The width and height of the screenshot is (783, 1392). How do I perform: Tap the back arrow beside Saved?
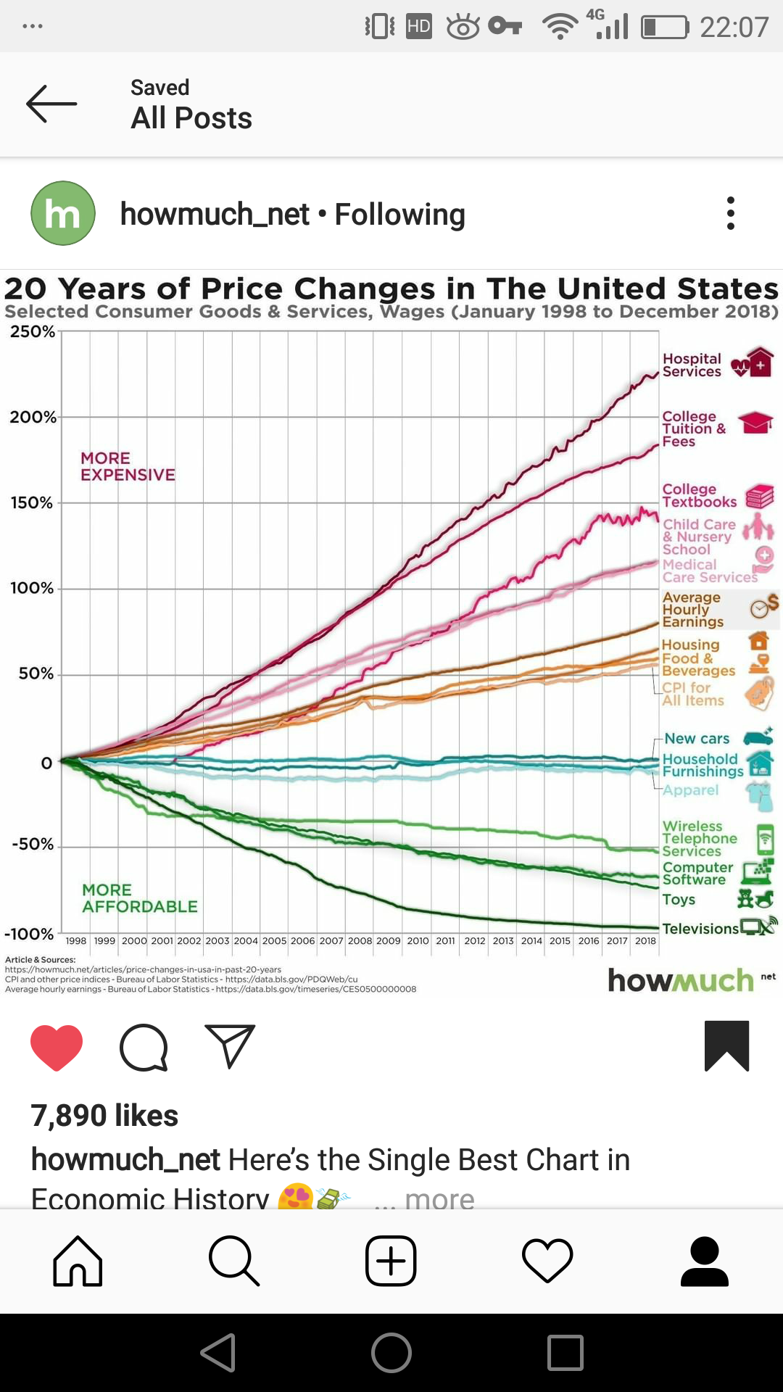[x=51, y=104]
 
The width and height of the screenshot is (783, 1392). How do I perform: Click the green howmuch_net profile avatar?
[x=63, y=213]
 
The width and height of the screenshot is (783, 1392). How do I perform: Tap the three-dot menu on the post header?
[x=730, y=213]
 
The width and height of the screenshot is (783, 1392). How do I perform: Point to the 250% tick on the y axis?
[x=33, y=332]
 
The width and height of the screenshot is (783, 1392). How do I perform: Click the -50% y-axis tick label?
[x=33, y=845]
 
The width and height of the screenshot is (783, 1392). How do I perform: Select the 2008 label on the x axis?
[x=360, y=941]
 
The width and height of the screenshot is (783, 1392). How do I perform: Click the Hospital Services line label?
[x=692, y=365]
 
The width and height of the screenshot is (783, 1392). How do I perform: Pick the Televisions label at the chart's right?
[x=700, y=929]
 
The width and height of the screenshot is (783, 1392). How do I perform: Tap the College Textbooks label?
[x=699, y=496]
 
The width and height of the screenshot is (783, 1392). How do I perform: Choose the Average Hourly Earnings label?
[x=692, y=609]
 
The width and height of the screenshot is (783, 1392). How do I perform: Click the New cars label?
[x=697, y=739]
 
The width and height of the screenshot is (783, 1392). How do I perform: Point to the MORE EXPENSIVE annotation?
[x=128, y=466]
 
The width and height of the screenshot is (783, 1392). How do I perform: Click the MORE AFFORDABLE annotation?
[x=139, y=898]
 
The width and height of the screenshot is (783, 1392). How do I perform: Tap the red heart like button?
[x=57, y=1047]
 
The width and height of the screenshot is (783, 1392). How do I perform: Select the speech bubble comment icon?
[x=144, y=1047]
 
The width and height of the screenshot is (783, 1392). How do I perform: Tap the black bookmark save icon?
[x=726, y=1045]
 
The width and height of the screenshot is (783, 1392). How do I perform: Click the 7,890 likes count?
[x=104, y=1116]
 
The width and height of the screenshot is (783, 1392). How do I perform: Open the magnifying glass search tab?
[x=233, y=1261]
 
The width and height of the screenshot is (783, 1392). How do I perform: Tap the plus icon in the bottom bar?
[x=391, y=1261]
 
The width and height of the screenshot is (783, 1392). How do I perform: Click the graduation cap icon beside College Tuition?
[x=755, y=422]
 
